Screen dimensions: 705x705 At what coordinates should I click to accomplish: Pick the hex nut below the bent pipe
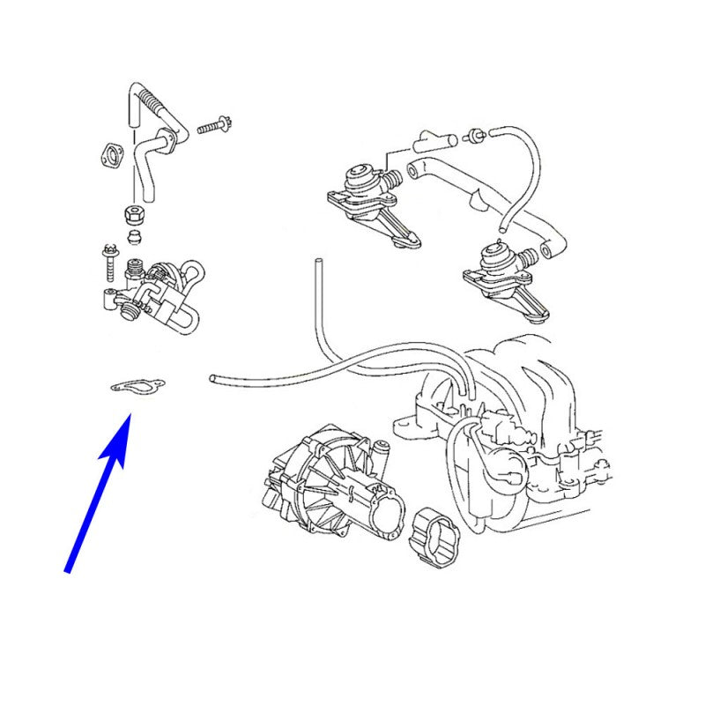click(x=133, y=212)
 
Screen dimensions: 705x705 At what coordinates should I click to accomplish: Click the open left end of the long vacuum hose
click(x=213, y=378)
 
